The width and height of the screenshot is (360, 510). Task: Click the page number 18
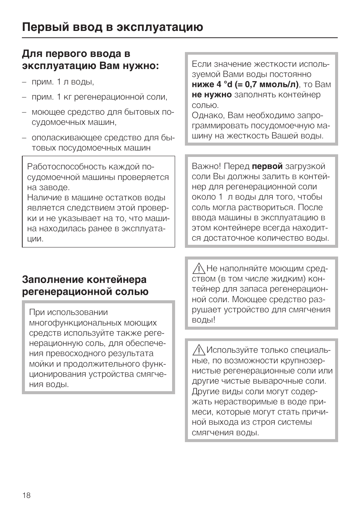26,495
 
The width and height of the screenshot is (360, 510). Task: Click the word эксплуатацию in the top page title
160,27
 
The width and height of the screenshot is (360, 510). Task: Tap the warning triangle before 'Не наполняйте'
198,269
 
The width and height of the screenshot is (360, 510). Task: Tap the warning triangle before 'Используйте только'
198,350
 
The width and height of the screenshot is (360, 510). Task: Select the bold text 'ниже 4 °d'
212,84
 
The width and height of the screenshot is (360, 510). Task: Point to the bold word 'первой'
267,166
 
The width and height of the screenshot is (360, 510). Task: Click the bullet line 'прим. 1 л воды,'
63,82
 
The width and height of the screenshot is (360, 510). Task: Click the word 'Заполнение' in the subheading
52,280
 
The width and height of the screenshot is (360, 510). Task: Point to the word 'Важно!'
207,166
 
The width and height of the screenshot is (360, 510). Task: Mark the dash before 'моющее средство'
24,112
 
